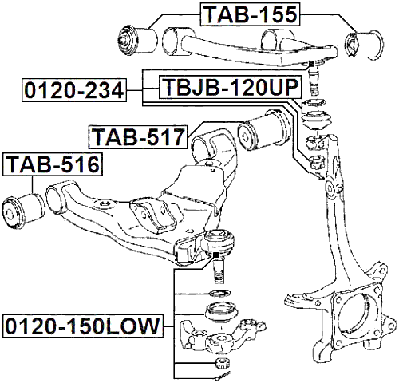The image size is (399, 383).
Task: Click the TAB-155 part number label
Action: (x=249, y=14)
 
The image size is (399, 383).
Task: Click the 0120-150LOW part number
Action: (x=82, y=327)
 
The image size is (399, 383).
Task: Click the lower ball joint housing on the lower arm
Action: (x=217, y=239)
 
